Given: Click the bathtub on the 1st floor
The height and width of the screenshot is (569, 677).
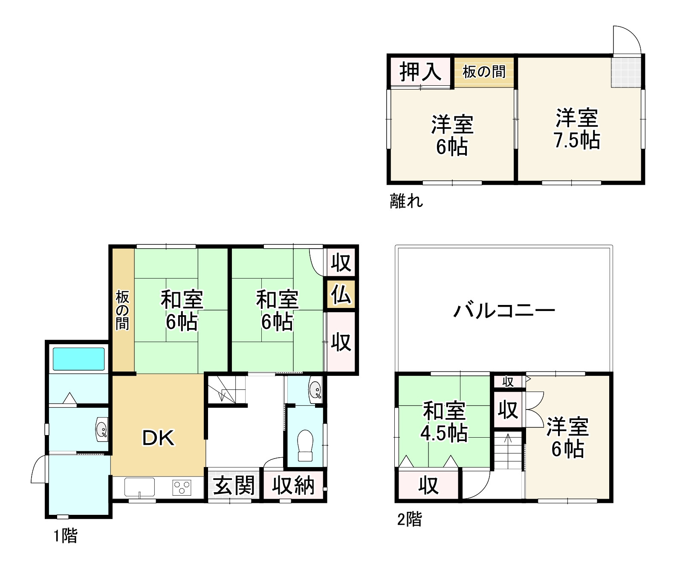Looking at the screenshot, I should pyautogui.click(x=78, y=359).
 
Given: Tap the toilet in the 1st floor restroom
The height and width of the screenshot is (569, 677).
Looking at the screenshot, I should pyautogui.click(x=305, y=445).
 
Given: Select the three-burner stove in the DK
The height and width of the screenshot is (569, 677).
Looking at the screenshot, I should pyautogui.click(x=182, y=487).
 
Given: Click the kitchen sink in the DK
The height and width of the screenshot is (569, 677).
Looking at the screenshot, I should pyautogui.click(x=139, y=487).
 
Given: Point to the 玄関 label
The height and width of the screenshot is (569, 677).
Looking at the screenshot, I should pyautogui.click(x=234, y=485).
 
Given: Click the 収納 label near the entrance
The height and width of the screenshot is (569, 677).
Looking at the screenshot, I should pyautogui.click(x=294, y=485).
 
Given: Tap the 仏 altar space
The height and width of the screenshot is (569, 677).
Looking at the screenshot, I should pyautogui.click(x=341, y=294).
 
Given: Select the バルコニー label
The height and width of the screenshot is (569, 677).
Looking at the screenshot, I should pyautogui.click(x=504, y=311).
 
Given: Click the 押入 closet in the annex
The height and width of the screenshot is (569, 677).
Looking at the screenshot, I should pyautogui.click(x=420, y=71).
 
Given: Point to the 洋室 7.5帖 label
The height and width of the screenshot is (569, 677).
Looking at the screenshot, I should pyautogui.click(x=577, y=129).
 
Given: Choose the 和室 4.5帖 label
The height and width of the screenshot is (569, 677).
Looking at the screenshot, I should pyautogui.click(x=444, y=422).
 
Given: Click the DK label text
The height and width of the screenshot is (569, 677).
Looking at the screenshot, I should pyautogui.click(x=158, y=438).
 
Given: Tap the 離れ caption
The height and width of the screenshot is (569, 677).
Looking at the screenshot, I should pyautogui.click(x=406, y=200).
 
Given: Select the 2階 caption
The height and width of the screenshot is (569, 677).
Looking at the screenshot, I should pyautogui.click(x=409, y=520).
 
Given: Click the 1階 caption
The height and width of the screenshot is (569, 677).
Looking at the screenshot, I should pyautogui.click(x=65, y=536).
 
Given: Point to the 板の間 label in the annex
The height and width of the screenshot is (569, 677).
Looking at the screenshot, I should pyautogui.click(x=484, y=72).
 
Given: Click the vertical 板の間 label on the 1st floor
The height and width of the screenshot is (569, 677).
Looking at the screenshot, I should pyautogui.click(x=122, y=311).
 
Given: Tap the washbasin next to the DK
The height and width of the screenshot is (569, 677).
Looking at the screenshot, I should pyautogui.click(x=101, y=430).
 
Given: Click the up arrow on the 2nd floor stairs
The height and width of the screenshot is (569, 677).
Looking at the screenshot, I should pyautogui.click(x=508, y=439).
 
